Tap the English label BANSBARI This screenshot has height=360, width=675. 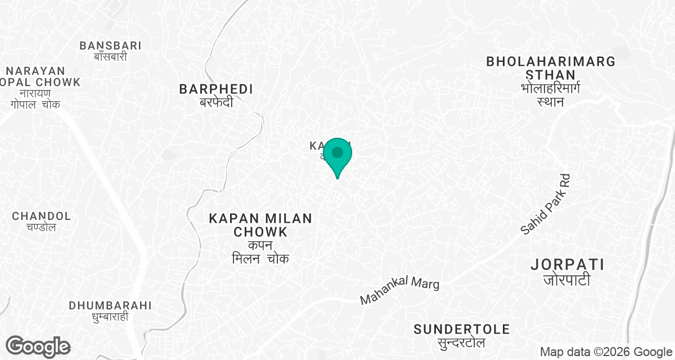pos(110,46)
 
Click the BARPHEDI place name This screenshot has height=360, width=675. pos(216,89)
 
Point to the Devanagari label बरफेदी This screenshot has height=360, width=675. pos(217,102)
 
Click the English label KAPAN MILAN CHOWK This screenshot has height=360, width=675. pos(260,225)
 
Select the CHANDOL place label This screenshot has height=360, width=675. pos(42,216)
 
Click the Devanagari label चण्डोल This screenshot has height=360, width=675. pos(42,227)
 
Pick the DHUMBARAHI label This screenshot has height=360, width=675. pos(110,305)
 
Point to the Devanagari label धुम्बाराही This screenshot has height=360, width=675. pos(110,317)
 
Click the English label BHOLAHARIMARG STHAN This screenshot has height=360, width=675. pos(551,68)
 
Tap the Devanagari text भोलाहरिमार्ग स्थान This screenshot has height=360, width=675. pos(551,94)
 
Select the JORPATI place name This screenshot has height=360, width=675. pos(568,264)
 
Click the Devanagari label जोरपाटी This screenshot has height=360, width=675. pos(568,280)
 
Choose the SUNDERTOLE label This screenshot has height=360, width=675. pos(462,329)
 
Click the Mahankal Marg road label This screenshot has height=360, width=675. pos(399,291)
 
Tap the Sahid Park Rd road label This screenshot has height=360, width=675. pos(546,204)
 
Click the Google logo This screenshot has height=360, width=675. pos(38,346)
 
